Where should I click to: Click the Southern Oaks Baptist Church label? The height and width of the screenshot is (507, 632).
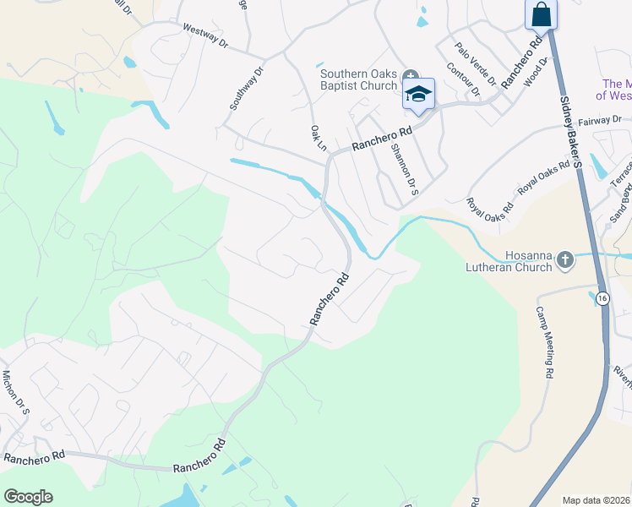(x=358, y=79)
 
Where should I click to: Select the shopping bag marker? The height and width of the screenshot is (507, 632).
(x=541, y=14)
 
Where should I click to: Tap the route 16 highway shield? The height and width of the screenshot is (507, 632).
(x=602, y=298)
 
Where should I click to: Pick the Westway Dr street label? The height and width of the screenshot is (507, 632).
(x=205, y=35)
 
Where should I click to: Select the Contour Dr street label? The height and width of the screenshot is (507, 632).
(x=463, y=79)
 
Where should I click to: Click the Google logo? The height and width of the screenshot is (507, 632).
(x=28, y=497)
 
